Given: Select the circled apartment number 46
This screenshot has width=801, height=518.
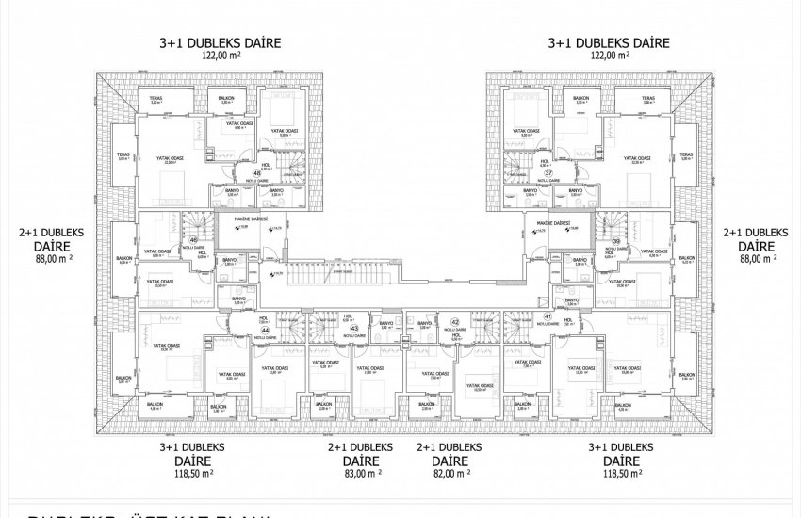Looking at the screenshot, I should point(194,241).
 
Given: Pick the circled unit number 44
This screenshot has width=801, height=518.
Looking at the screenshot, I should point(266,331).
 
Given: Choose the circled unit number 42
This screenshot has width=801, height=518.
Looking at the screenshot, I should point(454,321).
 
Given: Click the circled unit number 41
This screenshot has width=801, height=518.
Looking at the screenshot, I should point(547,317).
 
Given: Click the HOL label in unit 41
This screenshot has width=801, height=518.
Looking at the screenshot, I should point(566,319).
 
